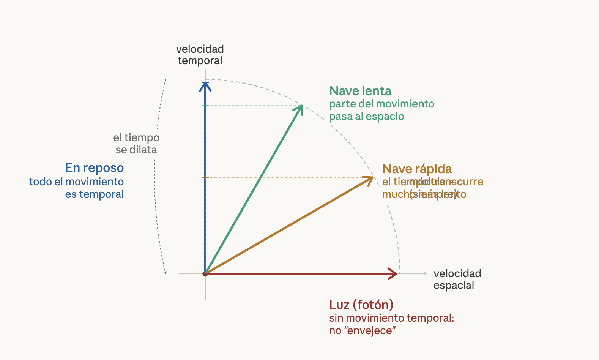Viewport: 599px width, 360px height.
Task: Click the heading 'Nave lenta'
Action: [360, 91]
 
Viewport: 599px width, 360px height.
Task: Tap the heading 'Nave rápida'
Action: [417, 169]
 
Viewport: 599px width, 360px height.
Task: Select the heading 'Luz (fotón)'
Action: [361, 305]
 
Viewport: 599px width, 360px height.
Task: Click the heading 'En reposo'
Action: [94, 168]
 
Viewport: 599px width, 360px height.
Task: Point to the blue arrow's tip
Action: [205, 83]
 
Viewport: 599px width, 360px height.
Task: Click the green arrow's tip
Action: [302, 106]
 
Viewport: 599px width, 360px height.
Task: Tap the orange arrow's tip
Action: [373, 177]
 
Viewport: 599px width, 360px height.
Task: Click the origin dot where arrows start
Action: [205, 273]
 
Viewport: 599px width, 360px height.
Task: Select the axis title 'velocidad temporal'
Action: [200, 55]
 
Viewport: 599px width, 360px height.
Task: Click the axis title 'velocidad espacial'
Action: [457, 279]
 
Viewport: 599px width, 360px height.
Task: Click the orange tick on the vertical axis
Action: [205, 177]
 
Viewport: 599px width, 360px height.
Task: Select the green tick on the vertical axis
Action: [205, 106]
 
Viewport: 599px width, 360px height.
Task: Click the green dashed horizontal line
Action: [254, 106]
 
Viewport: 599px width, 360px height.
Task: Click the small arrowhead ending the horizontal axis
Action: [425, 273]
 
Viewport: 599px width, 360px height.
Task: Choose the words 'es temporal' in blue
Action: [94, 194]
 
